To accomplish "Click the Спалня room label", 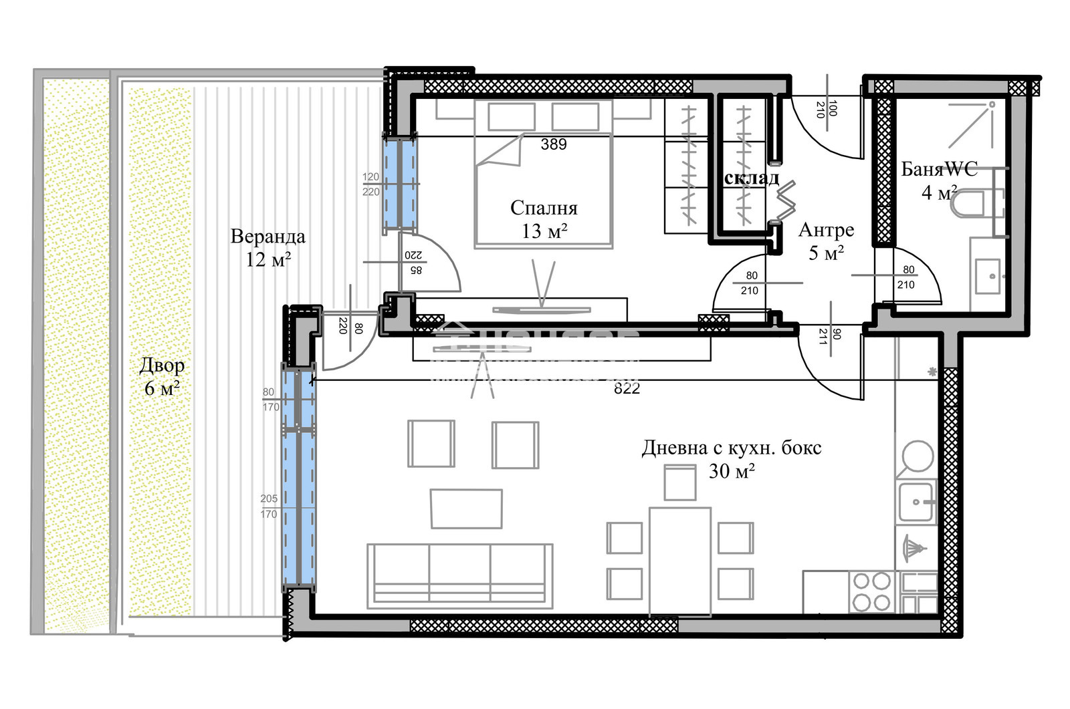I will (x=543, y=208).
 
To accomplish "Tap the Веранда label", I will (x=267, y=237).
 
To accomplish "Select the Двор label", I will (x=162, y=366).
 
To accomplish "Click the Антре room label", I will (x=826, y=230).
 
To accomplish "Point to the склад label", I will (x=752, y=178).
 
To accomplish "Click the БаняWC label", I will (x=939, y=169).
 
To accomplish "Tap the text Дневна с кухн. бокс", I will (x=731, y=448).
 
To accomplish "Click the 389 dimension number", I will (x=554, y=144).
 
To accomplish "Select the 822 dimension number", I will (x=627, y=389).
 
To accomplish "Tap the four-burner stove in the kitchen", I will (x=872, y=591).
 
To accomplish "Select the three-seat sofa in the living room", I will (x=459, y=575).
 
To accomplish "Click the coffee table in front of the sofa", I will (x=466, y=509).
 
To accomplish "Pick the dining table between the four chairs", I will (x=679, y=560).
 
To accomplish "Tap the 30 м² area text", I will (x=732, y=471).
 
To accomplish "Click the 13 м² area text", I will (x=544, y=231).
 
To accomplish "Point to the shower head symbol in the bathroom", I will (x=992, y=105).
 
